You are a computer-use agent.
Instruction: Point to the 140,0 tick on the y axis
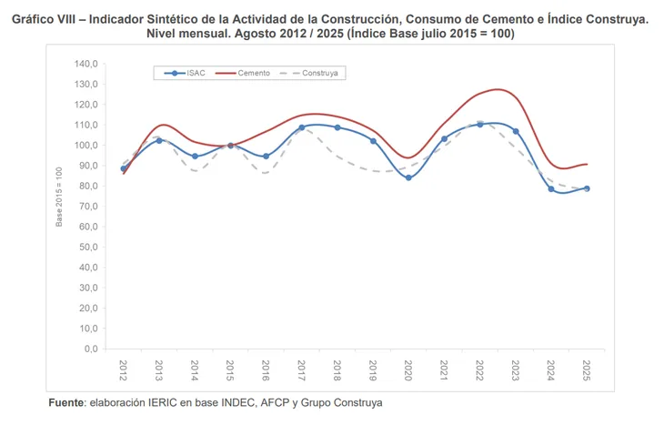(x=86, y=64)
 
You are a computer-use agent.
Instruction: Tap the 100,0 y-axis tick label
(x=86, y=146)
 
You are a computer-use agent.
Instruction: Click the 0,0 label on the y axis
(x=90, y=349)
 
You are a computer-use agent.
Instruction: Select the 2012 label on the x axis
(x=124, y=369)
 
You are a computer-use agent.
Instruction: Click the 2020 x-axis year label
(x=408, y=369)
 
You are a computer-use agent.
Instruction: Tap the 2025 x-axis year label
(x=587, y=369)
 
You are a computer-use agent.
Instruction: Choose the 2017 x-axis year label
(x=302, y=369)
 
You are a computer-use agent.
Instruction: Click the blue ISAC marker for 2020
(x=408, y=177)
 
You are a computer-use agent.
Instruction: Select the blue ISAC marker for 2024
(x=551, y=188)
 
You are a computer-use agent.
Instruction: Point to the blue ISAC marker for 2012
(x=124, y=168)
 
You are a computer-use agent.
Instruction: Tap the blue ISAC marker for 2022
(x=480, y=124)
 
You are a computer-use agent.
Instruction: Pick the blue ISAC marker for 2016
(x=267, y=157)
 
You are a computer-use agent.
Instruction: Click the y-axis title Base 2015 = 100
(x=59, y=197)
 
